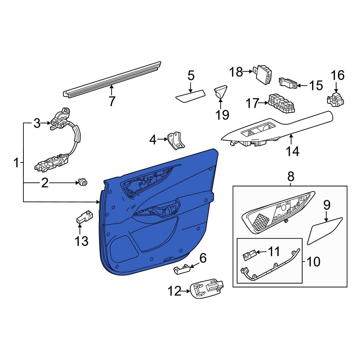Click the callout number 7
[112, 101]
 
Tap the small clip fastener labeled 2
[83, 182]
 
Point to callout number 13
[81, 241]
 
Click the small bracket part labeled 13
[85, 216]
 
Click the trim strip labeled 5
[190, 96]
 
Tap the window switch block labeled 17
[281, 103]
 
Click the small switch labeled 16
[335, 99]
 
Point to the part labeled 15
[288, 83]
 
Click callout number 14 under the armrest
[292, 151]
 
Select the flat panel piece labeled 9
[324, 231]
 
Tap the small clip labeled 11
[249, 255]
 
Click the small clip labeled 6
[182, 269]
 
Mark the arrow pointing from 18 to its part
[248, 72]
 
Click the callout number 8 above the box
[291, 177]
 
